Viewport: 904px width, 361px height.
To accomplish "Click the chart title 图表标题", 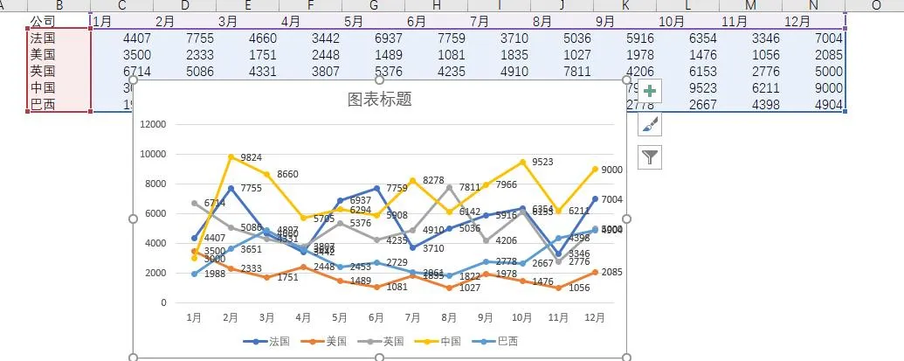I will tap(379, 99).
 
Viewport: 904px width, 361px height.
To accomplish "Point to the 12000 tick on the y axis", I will tap(153, 124).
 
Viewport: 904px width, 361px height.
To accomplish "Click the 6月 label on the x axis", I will tap(376, 318).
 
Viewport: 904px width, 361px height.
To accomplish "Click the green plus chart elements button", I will tap(650, 92).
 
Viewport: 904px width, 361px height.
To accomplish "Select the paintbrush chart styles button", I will tap(650, 125).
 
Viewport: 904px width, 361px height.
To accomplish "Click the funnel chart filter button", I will tap(650, 157).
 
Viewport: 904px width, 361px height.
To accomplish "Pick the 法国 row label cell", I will tap(44, 38).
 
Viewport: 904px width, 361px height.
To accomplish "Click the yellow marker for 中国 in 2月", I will tap(231, 157).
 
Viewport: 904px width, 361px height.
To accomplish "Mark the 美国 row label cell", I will tap(44, 54).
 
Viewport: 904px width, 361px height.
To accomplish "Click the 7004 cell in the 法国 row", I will tap(826, 38).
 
